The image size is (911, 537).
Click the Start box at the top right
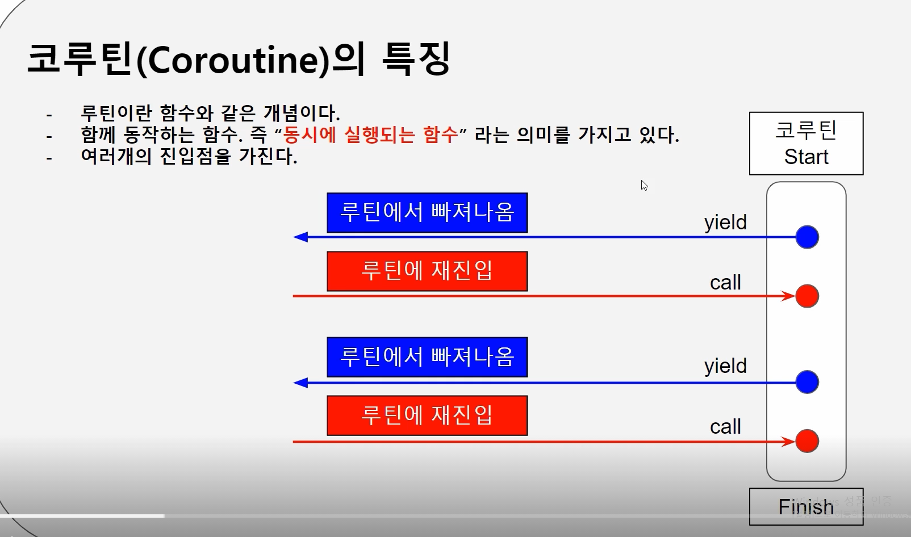tap(806, 144)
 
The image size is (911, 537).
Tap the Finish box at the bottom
tap(806, 506)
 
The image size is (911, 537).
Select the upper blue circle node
tap(807, 237)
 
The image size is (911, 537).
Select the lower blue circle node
tap(807, 382)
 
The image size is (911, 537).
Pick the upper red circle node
tap(807, 296)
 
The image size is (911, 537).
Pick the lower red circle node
tap(807, 441)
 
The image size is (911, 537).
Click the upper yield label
tap(725, 223)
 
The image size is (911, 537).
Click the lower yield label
tap(725, 366)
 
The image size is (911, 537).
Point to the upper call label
tap(725, 282)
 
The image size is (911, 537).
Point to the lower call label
tap(725, 427)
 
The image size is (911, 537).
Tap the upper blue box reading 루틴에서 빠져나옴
tap(427, 213)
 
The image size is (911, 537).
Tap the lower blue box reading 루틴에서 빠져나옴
tap(427, 357)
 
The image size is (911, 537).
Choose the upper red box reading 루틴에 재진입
tap(427, 271)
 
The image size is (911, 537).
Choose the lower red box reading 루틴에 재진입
tap(427, 416)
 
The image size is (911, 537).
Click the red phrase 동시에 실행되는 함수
tap(370, 135)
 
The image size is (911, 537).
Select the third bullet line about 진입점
tap(189, 157)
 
